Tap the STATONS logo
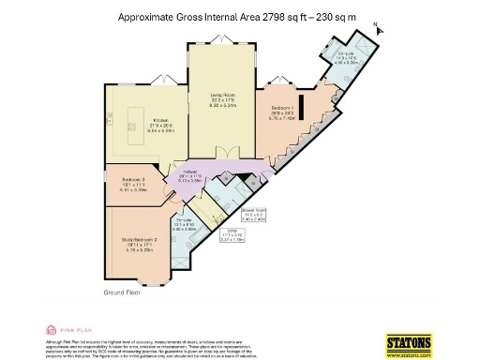(410, 341)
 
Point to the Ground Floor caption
(123, 293)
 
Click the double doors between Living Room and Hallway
(223, 154)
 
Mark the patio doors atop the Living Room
(221, 44)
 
